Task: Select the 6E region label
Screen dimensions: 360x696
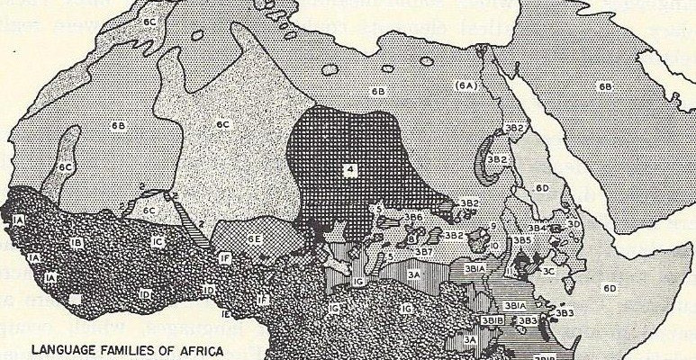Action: coord(255,238)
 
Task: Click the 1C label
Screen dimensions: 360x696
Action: coord(157,241)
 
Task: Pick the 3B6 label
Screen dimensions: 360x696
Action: coord(413,218)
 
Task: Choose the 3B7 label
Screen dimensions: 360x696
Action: coord(421,251)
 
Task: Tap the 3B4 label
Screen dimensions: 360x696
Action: coord(537,229)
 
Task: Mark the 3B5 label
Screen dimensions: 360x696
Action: coord(522,241)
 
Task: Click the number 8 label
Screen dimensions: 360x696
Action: coord(411,239)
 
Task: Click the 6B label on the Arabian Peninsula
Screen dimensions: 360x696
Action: coord(604,86)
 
